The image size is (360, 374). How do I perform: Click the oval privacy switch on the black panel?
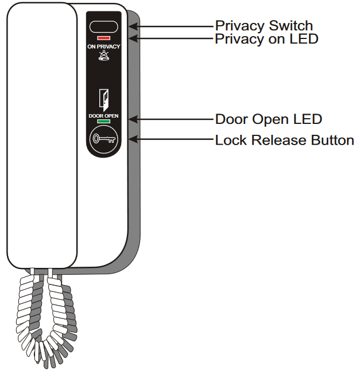104,26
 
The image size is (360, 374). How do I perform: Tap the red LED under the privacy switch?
104,38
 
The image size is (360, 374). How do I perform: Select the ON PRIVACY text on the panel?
104,46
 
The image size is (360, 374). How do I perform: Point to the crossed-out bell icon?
104,56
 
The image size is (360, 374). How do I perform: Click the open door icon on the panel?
104,99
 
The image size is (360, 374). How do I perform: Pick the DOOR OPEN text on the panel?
104,115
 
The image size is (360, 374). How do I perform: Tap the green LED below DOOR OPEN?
104,122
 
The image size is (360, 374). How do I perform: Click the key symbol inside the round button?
104,139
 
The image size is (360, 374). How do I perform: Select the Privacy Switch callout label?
264,26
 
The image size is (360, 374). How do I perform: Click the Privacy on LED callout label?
266,39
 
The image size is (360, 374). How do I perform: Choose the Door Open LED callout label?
268,119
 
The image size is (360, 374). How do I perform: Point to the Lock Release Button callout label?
284,140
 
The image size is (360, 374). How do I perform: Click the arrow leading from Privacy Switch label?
172,26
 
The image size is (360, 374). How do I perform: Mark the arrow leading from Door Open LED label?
172,119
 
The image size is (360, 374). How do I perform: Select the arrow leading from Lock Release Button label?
172,139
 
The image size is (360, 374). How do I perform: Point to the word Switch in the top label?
291,26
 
